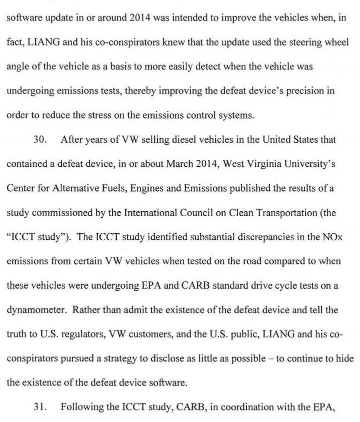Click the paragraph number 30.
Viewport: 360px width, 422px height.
[39, 140]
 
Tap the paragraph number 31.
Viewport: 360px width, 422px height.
[39, 407]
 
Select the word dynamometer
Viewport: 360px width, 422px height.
[36, 309]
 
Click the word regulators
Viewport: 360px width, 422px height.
[78, 334]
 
